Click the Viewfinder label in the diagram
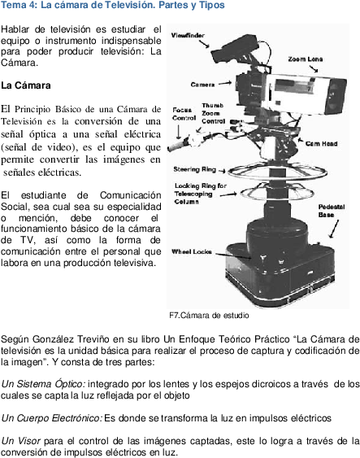188,35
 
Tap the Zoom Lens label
306,59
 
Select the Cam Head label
321,144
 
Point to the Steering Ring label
194,169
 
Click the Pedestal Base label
331,211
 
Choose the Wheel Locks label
192,251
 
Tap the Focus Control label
184,114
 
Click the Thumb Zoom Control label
213,113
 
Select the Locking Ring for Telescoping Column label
201,194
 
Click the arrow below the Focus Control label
179,132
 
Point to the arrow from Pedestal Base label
334,229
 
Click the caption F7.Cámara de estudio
209,316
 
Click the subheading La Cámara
26,85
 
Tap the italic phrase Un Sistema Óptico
43,384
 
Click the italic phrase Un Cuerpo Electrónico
52,418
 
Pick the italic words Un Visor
20,441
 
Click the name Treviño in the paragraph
93,339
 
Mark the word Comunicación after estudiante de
130,195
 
